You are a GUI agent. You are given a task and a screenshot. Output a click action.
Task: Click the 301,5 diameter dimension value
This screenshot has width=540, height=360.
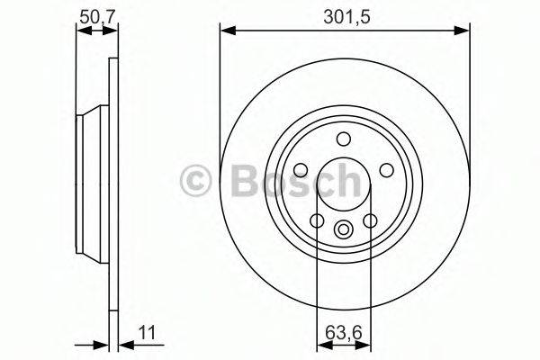(x=344, y=15)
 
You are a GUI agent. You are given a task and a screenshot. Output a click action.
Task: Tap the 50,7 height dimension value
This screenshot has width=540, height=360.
(x=97, y=15)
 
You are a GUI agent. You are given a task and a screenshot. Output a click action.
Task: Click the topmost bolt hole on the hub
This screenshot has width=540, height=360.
(x=343, y=139)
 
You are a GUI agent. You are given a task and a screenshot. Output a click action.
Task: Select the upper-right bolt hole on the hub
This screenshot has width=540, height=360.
(x=387, y=171)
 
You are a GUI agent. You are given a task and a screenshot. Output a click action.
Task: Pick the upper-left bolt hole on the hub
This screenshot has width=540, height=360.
(x=300, y=171)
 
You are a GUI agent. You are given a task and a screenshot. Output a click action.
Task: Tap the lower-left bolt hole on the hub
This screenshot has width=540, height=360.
(x=317, y=221)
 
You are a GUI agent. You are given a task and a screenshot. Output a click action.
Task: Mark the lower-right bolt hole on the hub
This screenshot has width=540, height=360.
(x=370, y=221)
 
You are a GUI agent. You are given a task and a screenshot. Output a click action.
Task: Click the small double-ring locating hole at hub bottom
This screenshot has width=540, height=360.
(x=343, y=230)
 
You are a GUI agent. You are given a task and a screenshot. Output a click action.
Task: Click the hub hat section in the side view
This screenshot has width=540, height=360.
(x=93, y=180)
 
